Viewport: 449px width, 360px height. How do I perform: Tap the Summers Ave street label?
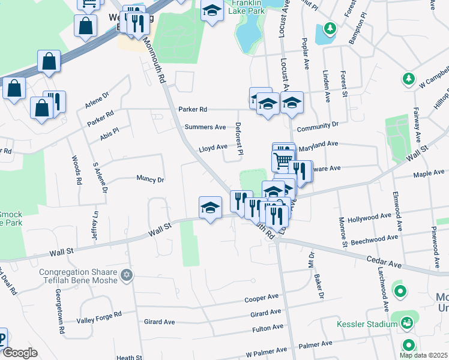pos(205,127)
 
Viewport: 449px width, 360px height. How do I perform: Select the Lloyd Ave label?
pos(213,147)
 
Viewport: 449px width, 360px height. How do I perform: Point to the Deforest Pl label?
pos(239,139)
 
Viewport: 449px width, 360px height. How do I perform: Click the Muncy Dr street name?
pos(150,179)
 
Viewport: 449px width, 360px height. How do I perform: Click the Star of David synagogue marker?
pos(126,275)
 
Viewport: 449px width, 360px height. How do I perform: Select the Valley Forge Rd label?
pos(99,317)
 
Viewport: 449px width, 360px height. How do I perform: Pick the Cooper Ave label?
pos(261,298)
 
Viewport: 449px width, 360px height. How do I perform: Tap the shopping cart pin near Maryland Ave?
pos(282,160)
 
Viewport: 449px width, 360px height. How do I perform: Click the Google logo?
pos(19,353)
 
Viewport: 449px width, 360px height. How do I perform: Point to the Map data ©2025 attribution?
pos(424,355)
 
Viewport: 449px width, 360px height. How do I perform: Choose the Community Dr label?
pos(318,126)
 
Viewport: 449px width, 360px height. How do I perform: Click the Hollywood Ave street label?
pos(373,217)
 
